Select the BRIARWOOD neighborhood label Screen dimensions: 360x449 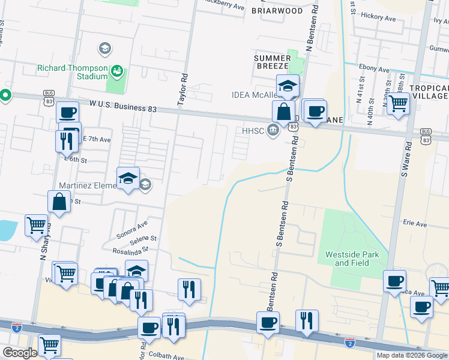(277, 11)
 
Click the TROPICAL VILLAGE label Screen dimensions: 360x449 (429, 92)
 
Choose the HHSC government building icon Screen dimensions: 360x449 (274, 130)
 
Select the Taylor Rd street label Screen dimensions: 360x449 (184, 86)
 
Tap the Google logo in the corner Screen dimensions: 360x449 (19, 353)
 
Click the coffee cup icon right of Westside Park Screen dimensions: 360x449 (394, 281)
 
